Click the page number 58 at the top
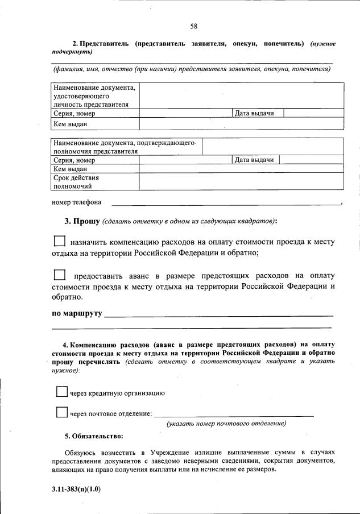(x=193, y=26)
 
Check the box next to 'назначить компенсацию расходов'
(x=59, y=241)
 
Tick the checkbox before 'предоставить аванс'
(x=59, y=275)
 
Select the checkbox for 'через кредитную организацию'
(x=62, y=392)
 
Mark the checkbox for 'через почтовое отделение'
(x=62, y=412)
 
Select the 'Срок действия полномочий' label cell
(x=95, y=181)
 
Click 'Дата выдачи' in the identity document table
(x=255, y=113)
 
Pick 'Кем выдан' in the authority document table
(x=70, y=169)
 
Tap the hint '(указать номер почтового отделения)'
(x=226, y=424)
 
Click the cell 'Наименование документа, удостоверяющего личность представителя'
(x=95, y=96)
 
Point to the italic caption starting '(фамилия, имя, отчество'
(x=192, y=69)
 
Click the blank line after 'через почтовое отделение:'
(x=234, y=413)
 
